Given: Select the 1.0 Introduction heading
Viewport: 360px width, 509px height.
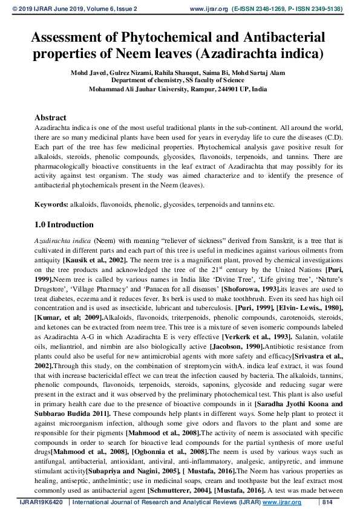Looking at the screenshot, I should point(64,224).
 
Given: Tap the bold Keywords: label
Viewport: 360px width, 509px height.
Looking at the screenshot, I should point(51,205).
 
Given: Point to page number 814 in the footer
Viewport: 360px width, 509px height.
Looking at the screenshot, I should point(328,502).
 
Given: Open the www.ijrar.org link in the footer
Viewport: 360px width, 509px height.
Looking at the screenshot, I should point(283,502).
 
